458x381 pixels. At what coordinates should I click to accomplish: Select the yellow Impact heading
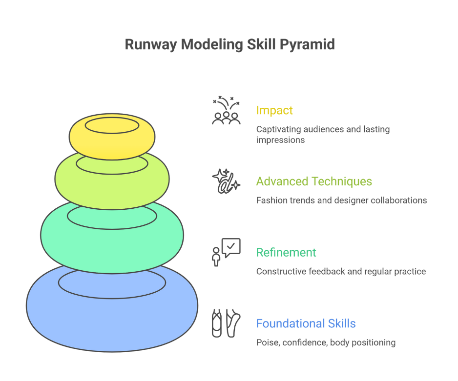pyautogui.click(x=274, y=110)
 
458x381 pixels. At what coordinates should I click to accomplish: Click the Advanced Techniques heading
pyautogui.click(x=314, y=181)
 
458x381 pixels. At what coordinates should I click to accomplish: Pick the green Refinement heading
pyautogui.click(x=286, y=252)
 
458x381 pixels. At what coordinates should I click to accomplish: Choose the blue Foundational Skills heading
pyautogui.click(x=306, y=323)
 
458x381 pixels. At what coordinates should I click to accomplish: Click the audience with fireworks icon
pyautogui.click(x=226, y=111)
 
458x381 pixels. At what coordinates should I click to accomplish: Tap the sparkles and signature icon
pyautogui.click(x=226, y=181)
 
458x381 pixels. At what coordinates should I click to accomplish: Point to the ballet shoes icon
pyautogui.click(x=226, y=322)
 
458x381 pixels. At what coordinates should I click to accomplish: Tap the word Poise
pyautogui.click(x=267, y=342)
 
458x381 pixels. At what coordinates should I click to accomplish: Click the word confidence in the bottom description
pyautogui.click(x=304, y=342)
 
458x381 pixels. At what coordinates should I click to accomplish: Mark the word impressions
pyautogui.click(x=280, y=140)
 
